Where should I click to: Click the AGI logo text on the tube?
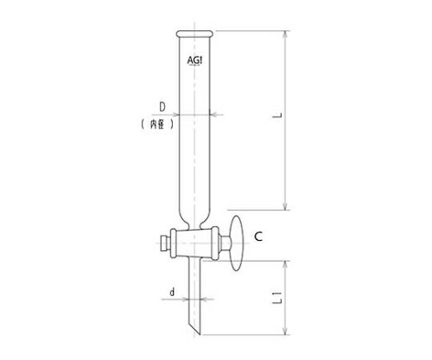194,60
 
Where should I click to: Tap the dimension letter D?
162,107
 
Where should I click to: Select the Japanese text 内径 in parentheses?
157,124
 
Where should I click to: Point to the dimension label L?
277,116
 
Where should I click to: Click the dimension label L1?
277,298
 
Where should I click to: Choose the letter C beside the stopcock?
258,237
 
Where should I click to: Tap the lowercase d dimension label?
172,293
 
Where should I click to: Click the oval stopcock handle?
236,243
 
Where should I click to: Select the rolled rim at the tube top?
194,34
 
